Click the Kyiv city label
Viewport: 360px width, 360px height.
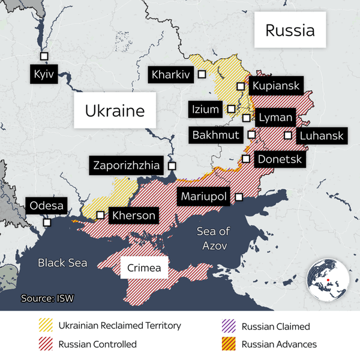tap(44, 76)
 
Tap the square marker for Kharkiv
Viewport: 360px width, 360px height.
tap(202, 74)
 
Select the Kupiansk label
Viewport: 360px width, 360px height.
tap(275, 86)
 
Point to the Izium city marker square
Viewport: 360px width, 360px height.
tap(231, 109)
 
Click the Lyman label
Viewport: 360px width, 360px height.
tap(276, 118)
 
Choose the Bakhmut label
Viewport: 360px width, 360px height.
tap(217, 134)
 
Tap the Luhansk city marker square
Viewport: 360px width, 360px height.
tap(288, 136)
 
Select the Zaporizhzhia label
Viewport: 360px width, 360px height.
tap(127, 165)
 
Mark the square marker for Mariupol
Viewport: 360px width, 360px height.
tap(239, 197)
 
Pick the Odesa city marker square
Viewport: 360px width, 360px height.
tap(47, 222)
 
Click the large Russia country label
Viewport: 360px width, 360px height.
tap(290, 30)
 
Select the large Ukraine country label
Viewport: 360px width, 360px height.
tap(115, 110)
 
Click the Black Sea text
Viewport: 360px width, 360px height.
tap(62, 263)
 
